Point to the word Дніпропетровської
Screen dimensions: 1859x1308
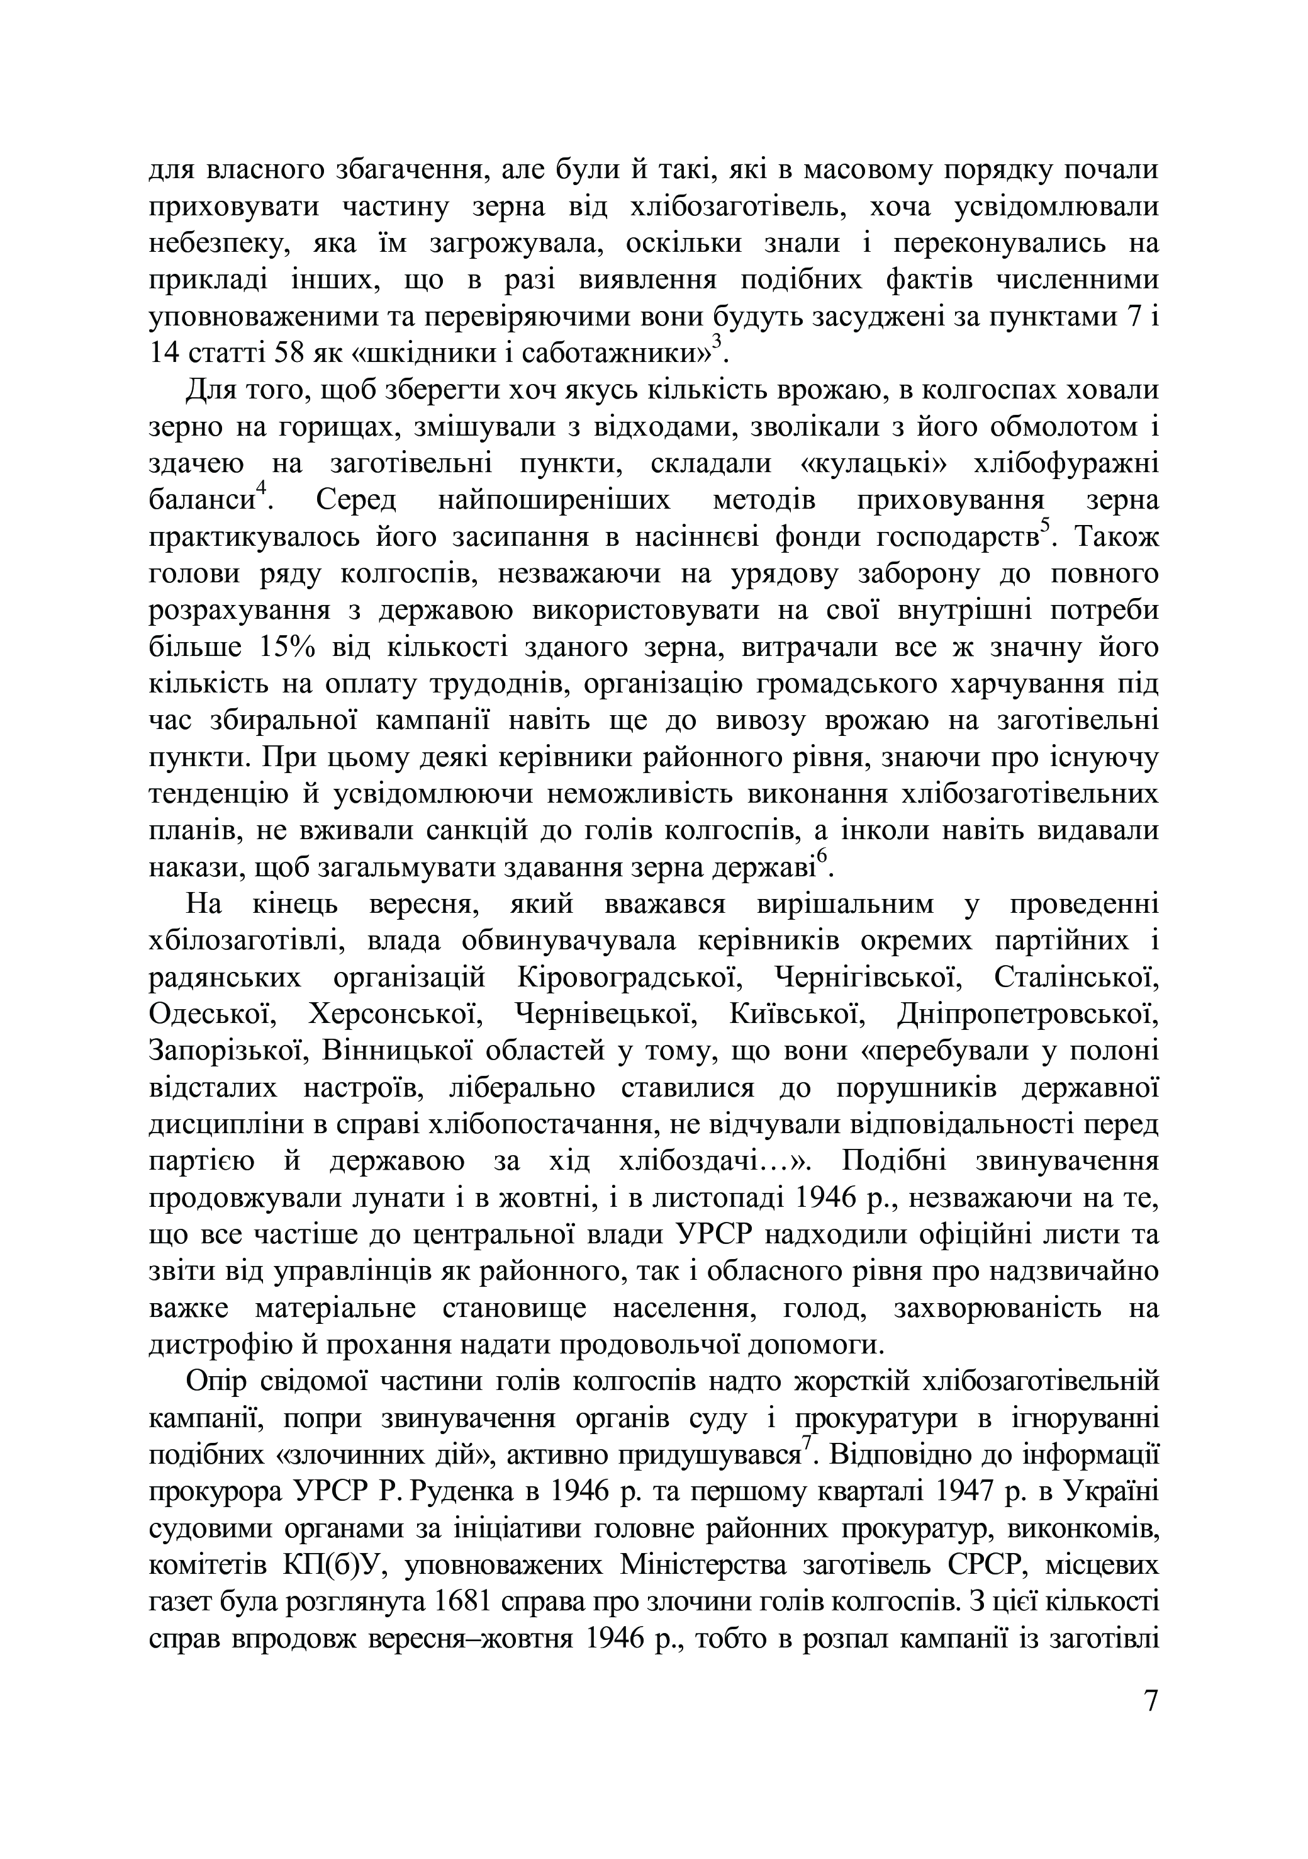(x=1028, y=1015)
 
